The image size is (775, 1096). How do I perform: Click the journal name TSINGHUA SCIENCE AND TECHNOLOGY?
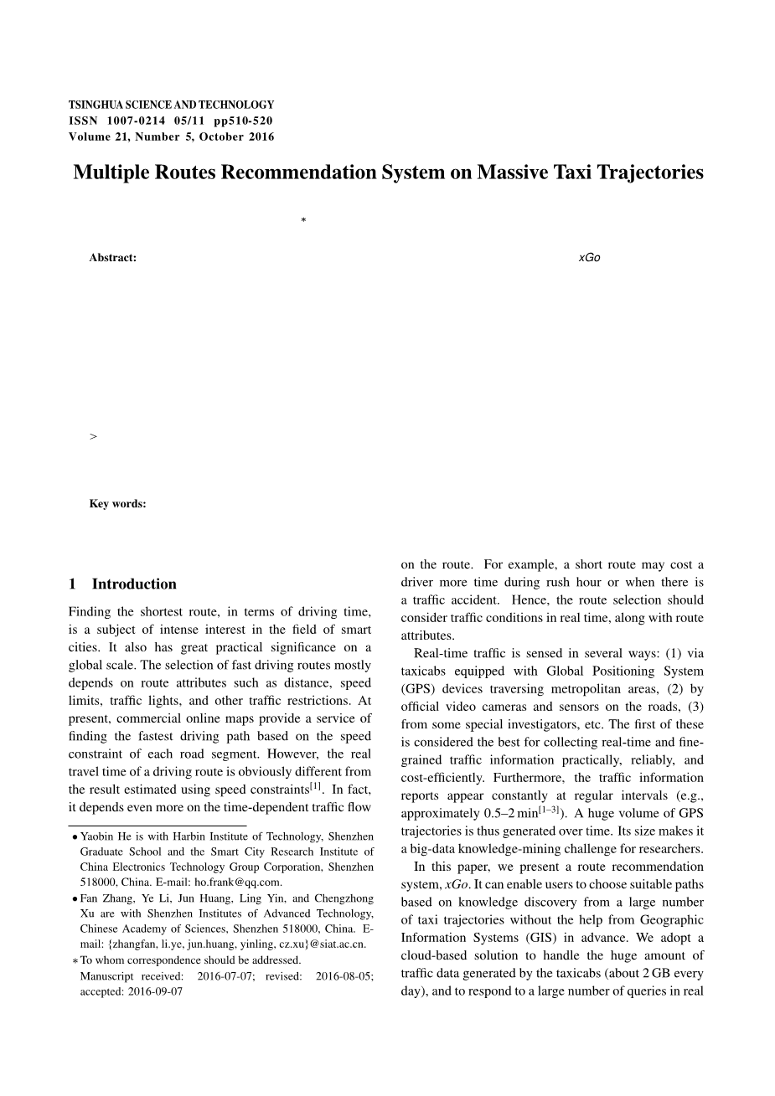tap(171, 105)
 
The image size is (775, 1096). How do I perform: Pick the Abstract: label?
tap(112, 258)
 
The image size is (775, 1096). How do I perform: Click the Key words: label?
tap(117, 504)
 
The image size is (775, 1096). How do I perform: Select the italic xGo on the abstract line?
tap(589, 258)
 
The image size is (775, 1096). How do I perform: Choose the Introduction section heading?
tap(134, 584)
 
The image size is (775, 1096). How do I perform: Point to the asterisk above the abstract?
tap(302, 221)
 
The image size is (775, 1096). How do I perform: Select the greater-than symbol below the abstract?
tap(93, 436)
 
